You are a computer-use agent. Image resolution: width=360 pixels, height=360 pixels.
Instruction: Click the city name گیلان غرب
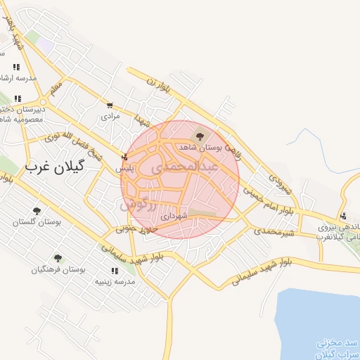[53, 167]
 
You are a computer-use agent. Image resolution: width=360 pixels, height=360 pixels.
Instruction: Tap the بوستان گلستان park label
[37, 222]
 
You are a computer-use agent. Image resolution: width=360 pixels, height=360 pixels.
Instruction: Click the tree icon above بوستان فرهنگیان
[58, 258]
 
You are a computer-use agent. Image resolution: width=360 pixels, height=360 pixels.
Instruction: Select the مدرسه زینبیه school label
[115, 281]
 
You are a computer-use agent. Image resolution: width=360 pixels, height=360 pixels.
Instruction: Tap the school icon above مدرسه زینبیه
[115, 271]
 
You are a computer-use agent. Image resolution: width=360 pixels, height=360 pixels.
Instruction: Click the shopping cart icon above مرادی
[110, 105]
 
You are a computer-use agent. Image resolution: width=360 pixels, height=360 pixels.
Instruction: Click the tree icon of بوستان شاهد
[200, 136]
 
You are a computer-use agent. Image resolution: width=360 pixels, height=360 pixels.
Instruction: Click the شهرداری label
[174, 217]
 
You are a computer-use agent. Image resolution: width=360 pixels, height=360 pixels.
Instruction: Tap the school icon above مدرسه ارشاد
[15, 67]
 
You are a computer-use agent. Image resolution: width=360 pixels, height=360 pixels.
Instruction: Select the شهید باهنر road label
[16, 32]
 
